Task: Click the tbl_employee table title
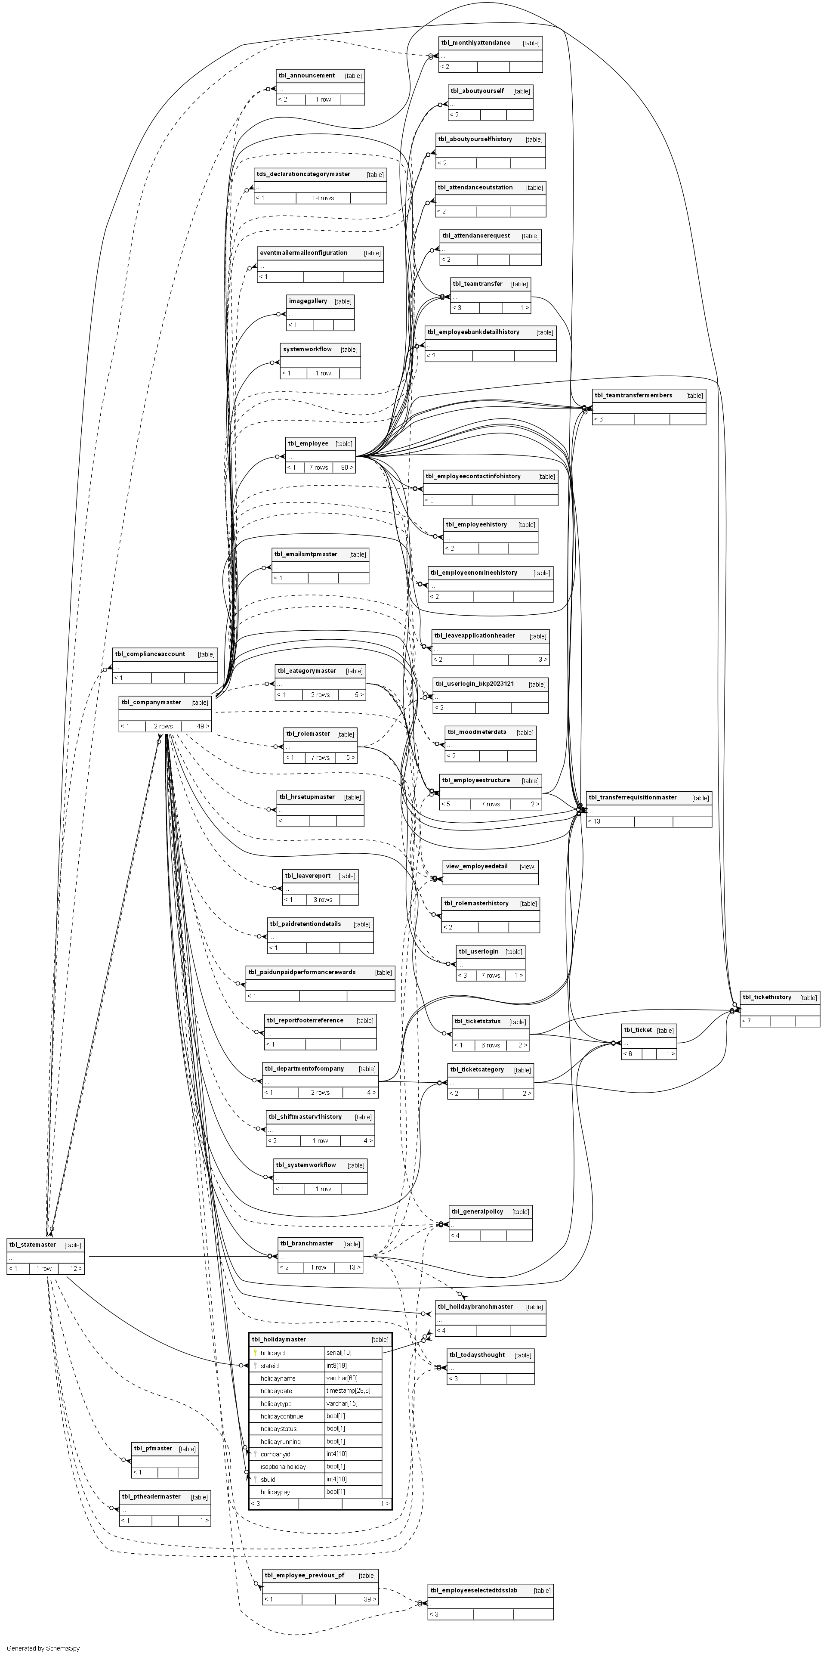click(x=308, y=444)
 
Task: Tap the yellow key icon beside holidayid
click(x=255, y=1353)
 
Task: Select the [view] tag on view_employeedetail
click(x=528, y=867)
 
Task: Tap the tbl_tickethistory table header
click(x=767, y=997)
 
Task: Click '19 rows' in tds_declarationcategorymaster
click(x=323, y=198)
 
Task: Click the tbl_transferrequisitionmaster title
click(x=632, y=798)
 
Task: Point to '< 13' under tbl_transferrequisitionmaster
click(x=594, y=821)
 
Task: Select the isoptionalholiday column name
click(x=283, y=1467)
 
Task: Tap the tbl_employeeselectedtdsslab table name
click(x=473, y=1590)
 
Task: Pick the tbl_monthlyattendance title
click(x=475, y=43)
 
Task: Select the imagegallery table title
click(x=307, y=301)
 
